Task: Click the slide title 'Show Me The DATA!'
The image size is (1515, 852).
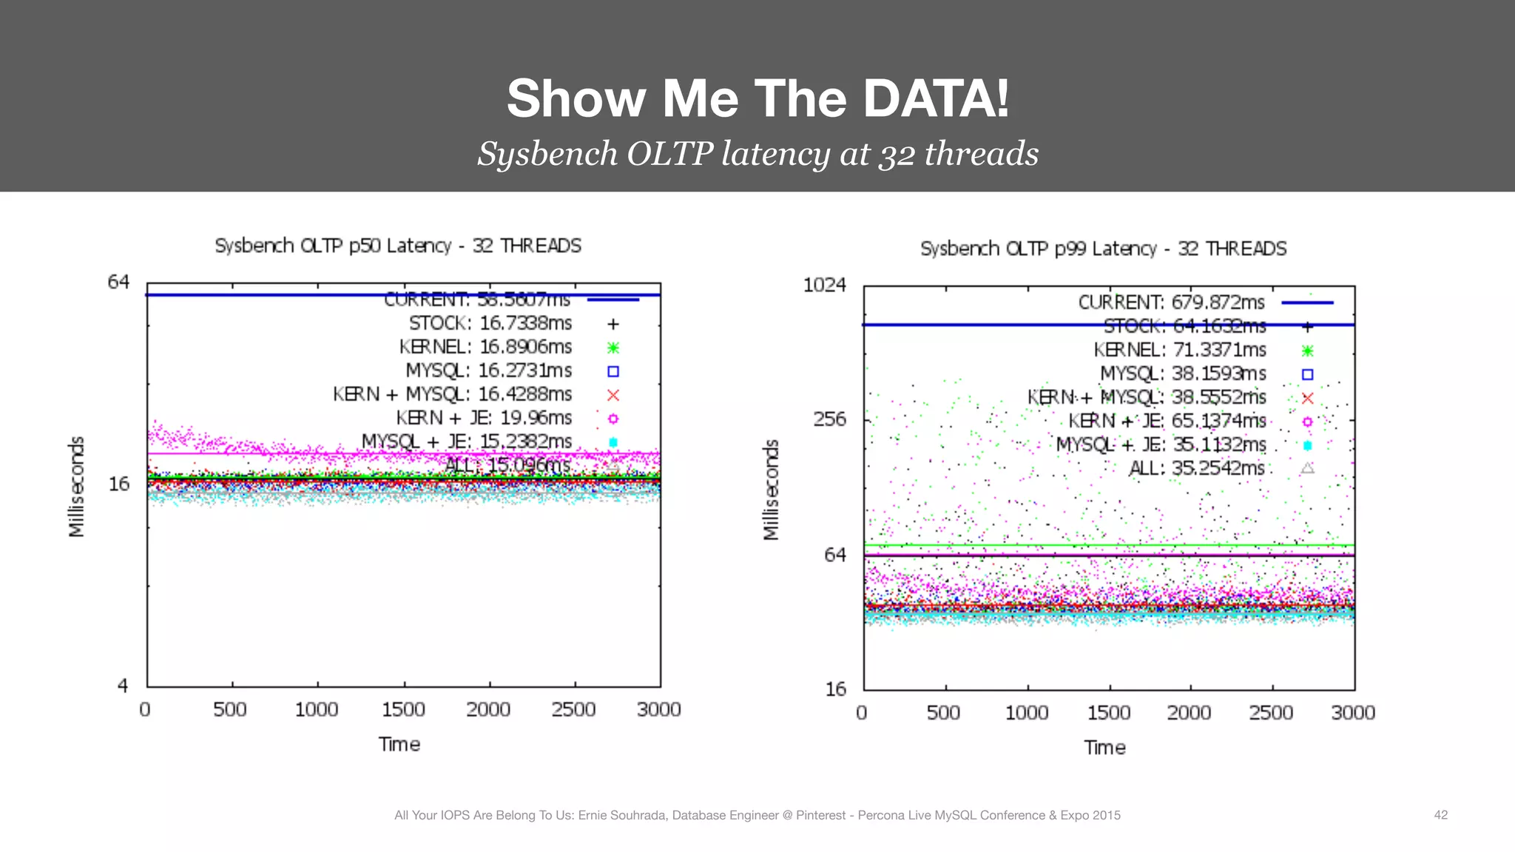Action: coord(757,98)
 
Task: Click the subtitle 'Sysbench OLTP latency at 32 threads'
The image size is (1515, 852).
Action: coord(757,154)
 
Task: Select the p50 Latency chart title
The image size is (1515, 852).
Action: coord(398,246)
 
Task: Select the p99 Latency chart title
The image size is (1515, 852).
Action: coord(1103,248)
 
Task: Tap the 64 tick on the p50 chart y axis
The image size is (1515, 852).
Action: coord(118,282)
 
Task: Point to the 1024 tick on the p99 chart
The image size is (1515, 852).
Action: coord(824,285)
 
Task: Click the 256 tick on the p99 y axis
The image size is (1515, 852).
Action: coord(829,419)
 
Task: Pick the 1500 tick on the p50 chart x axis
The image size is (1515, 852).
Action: coord(403,709)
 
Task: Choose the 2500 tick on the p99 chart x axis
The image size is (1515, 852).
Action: coord(1271,712)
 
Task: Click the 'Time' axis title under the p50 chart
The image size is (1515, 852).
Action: coord(399,744)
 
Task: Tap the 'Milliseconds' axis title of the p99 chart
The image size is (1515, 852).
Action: coord(771,490)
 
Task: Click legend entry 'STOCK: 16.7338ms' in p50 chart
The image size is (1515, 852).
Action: coord(490,323)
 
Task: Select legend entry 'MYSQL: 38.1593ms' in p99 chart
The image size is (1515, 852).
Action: coord(1183,373)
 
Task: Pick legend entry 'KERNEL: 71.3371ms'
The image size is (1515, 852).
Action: coord(1180,350)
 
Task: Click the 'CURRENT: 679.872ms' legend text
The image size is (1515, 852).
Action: coord(1171,302)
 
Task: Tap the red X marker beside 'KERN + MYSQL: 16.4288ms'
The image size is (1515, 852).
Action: coord(613,395)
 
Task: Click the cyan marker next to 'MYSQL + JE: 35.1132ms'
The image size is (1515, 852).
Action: coord(1307,445)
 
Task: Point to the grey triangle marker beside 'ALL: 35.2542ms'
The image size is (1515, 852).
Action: coord(1307,468)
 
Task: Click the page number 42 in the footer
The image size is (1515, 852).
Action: coord(1440,815)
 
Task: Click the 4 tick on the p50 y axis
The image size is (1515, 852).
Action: coord(123,686)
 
